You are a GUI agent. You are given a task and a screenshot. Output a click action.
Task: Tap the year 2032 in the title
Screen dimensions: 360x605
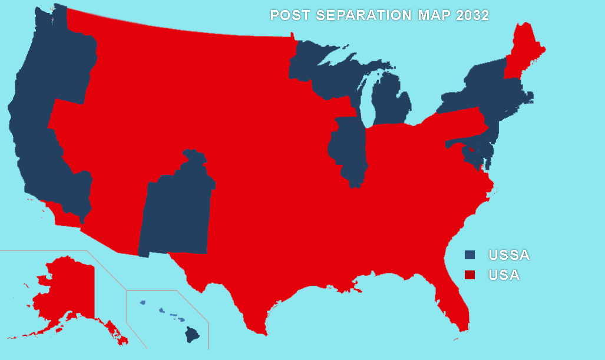click(x=472, y=15)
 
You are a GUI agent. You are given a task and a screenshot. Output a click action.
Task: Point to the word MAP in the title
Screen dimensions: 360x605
click(x=435, y=15)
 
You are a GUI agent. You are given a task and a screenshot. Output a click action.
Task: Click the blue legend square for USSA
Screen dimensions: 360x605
click(x=470, y=255)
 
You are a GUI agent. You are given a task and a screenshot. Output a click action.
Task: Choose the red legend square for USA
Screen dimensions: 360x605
click(x=470, y=275)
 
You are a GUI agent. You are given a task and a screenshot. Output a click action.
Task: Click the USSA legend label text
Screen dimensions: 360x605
click(x=509, y=255)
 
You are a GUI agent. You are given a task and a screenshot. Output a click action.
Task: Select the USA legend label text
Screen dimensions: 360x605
click(x=504, y=275)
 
